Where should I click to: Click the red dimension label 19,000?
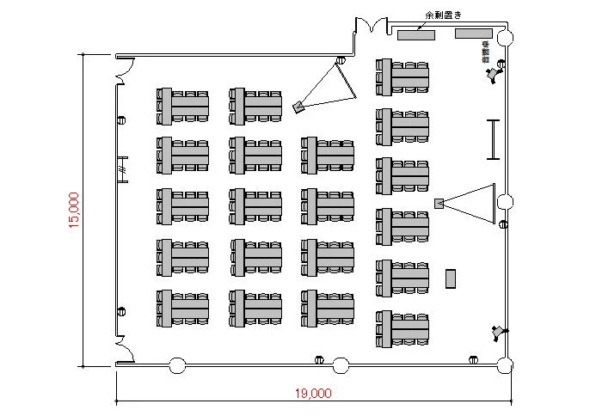pyautogui.click(x=313, y=395)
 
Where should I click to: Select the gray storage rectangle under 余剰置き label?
pyautogui.click(x=416, y=34)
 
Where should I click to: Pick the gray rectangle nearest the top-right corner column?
pyautogui.click(x=473, y=34)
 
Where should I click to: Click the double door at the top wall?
pyautogui.click(x=372, y=26)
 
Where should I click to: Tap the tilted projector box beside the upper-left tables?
pyautogui.click(x=298, y=107)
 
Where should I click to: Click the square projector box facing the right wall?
pyautogui.click(x=439, y=204)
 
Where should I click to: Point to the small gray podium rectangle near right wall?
pyautogui.click(x=450, y=278)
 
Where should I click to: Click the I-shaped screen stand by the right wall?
pyautogui.click(x=493, y=139)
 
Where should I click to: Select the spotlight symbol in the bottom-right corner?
pyautogui.click(x=497, y=331)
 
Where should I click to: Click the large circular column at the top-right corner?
pyautogui.click(x=505, y=38)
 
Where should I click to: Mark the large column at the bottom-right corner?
pyautogui.click(x=505, y=366)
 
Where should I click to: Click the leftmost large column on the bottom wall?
pyautogui.click(x=177, y=365)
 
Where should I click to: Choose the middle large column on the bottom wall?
pyautogui.click(x=341, y=365)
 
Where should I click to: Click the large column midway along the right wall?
pyautogui.click(x=505, y=202)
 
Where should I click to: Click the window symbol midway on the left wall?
pyautogui.click(x=123, y=170)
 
